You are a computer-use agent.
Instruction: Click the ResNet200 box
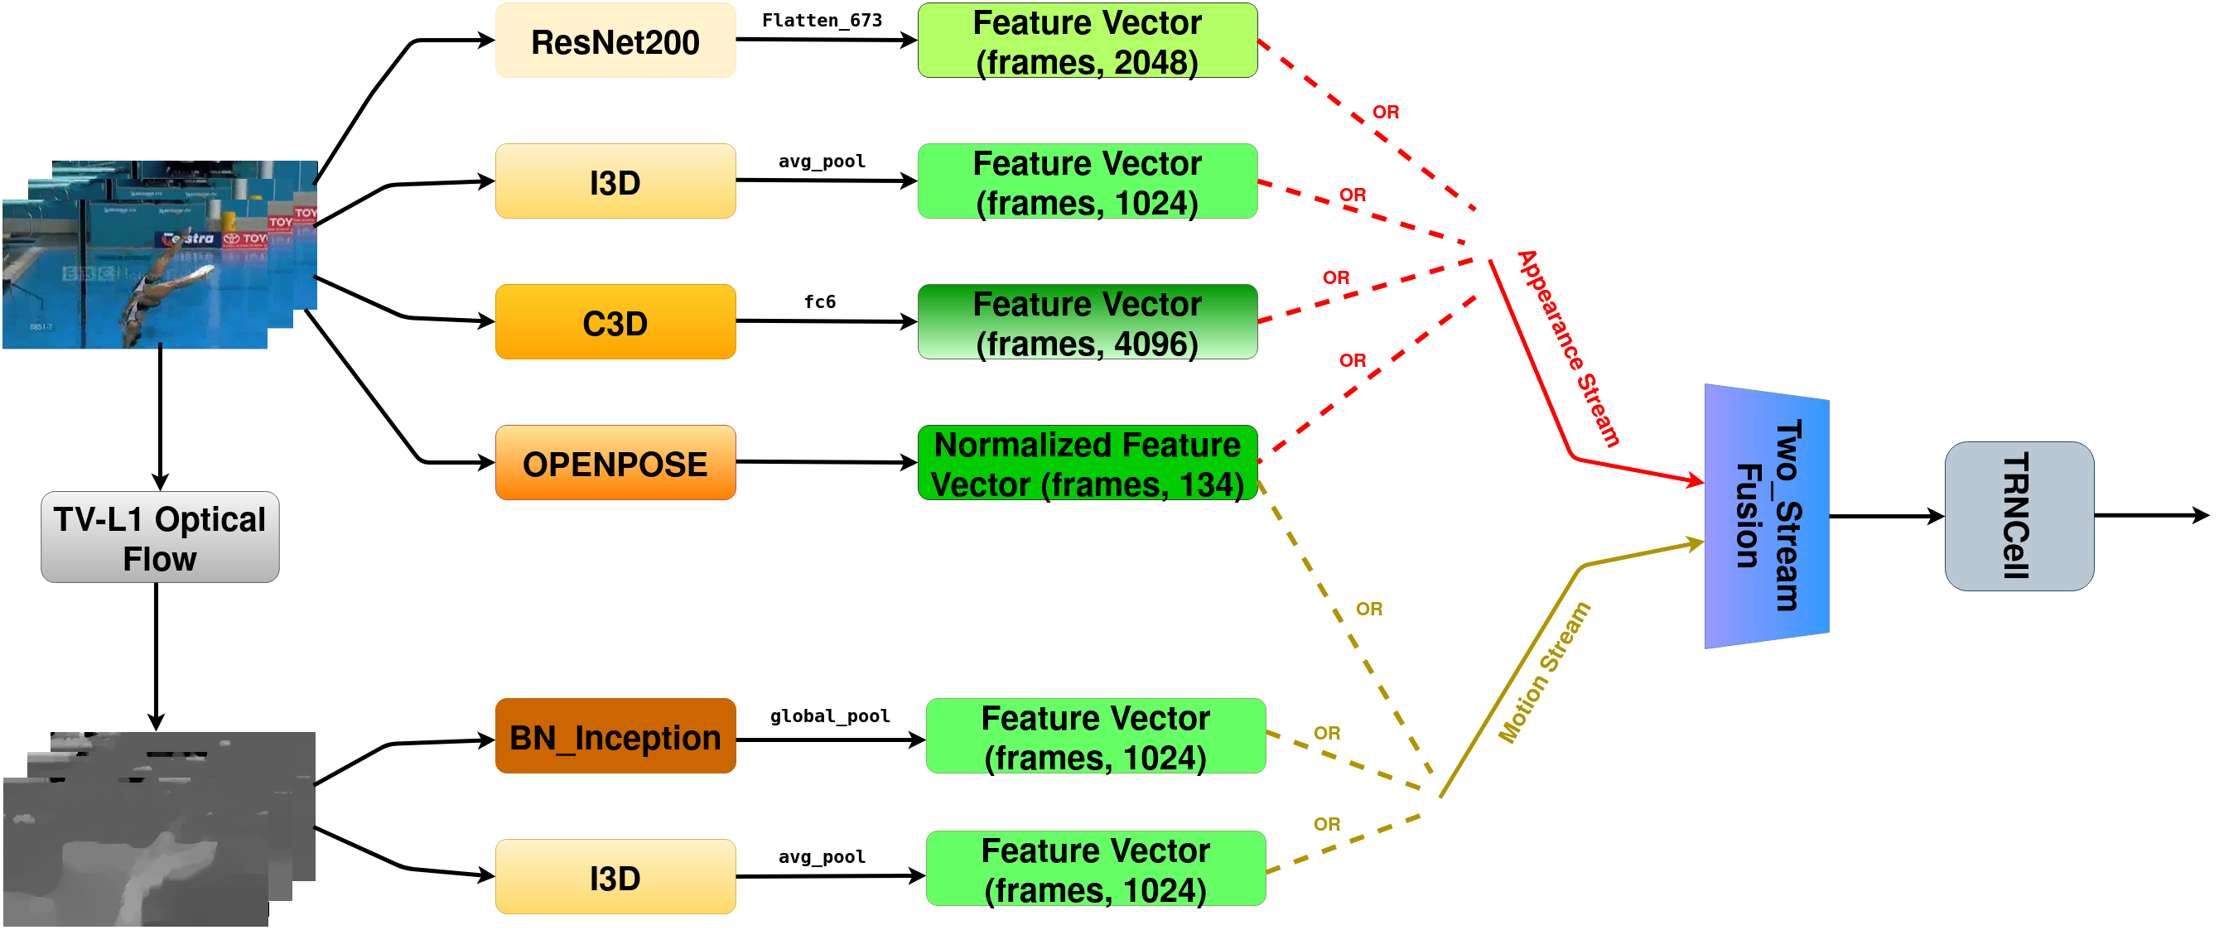(x=615, y=41)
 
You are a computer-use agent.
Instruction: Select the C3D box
(x=615, y=322)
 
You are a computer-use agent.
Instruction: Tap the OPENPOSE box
(x=615, y=463)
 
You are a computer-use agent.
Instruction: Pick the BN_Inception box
(x=615, y=736)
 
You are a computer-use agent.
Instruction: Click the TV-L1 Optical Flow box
(x=160, y=537)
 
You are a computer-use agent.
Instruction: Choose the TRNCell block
(x=2019, y=516)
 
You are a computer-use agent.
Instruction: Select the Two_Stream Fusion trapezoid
(x=1766, y=516)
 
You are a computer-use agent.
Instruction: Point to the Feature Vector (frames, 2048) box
(x=1087, y=41)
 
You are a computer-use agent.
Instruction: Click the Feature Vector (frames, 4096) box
(x=1087, y=322)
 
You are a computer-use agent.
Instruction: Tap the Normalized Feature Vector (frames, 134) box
(x=1087, y=463)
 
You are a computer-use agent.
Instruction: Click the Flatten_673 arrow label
(x=822, y=20)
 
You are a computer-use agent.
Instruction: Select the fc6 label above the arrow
(x=819, y=301)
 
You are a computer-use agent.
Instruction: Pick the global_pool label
(x=830, y=716)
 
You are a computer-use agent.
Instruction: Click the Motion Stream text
(x=1544, y=672)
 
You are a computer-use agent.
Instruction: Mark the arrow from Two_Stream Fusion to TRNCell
(x=1887, y=517)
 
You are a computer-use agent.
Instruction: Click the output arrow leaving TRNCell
(x=2150, y=516)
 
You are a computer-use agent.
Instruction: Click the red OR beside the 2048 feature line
(x=1385, y=112)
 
